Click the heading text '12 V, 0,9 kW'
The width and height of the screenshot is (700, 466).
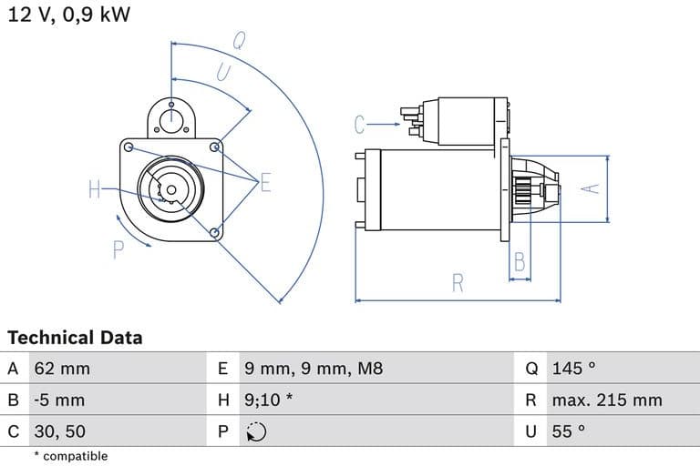[68, 15]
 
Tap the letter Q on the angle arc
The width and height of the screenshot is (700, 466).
[239, 39]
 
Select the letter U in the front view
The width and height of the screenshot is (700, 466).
[223, 72]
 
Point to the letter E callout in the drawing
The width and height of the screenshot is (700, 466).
[265, 183]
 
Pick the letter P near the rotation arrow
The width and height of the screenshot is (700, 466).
[118, 249]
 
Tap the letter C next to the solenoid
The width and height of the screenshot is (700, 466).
[360, 125]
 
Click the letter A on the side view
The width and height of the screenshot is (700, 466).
[592, 187]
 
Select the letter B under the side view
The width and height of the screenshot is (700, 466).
[520, 262]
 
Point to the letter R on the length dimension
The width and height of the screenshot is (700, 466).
[458, 283]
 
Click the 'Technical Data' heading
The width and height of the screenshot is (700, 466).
[75, 338]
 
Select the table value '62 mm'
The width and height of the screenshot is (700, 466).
[62, 369]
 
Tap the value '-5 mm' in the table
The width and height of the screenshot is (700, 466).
[59, 400]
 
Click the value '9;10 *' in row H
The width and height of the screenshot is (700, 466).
[269, 400]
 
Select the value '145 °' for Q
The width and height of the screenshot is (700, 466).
[573, 369]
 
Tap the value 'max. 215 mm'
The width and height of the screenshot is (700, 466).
[607, 400]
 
